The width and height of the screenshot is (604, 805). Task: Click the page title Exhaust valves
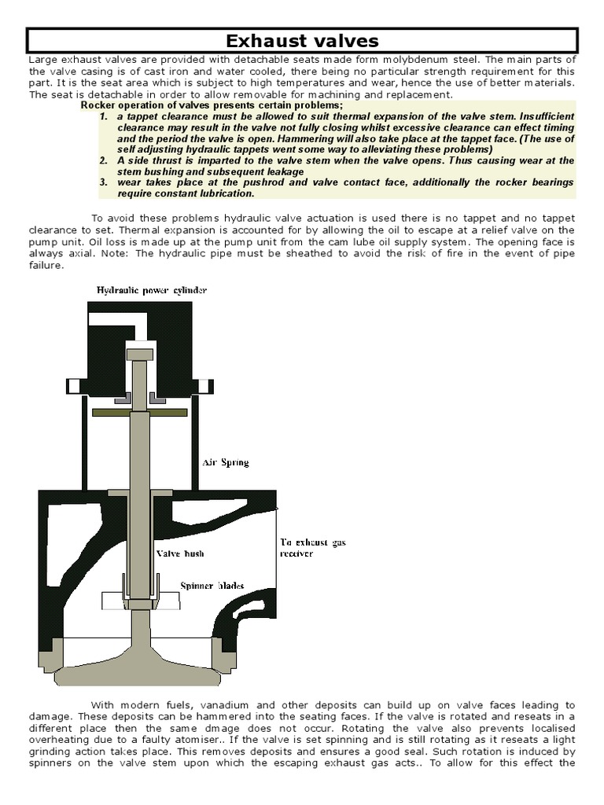[x=302, y=40]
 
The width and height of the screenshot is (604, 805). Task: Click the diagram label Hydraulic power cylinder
[x=152, y=290]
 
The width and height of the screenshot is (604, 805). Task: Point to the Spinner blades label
[x=212, y=586]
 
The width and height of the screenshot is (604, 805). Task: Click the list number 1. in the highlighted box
[x=104, y=116]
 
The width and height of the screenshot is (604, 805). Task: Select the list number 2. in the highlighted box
[x=104, y=160]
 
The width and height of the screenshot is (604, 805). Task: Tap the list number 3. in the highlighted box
[x=104, y=182]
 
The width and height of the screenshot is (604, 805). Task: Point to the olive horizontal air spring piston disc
[x=139, y=411]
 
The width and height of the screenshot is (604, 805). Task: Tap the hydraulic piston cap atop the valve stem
[x=138, y=355]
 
